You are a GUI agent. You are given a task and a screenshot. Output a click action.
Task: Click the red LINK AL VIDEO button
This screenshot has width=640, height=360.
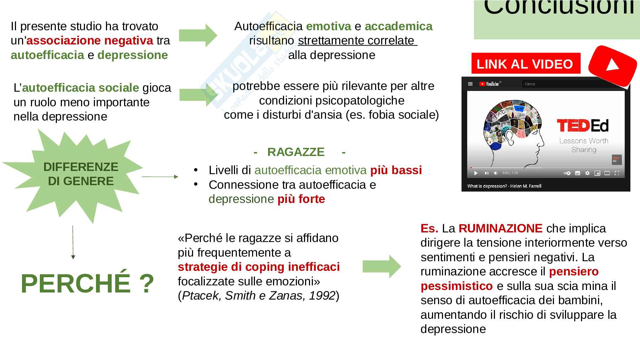coord(525,64)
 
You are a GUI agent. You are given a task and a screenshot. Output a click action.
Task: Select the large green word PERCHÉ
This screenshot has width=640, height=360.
coord(75,284)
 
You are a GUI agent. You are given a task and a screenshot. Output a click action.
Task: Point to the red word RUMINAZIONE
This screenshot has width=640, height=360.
coord(500,228)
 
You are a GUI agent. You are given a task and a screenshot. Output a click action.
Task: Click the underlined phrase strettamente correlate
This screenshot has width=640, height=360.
coord(357,41)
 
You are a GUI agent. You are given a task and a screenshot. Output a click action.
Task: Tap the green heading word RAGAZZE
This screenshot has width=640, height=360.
coord(296,152)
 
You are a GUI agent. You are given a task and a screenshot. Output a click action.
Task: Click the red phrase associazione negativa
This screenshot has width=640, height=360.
coord(90,41)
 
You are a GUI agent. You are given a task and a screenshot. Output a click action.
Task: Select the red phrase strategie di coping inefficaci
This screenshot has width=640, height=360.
coord(258,267)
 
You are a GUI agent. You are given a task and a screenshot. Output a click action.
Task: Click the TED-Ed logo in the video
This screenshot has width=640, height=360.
coord(583,125)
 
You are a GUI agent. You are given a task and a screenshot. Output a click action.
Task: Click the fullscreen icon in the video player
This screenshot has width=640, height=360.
coord(617,173)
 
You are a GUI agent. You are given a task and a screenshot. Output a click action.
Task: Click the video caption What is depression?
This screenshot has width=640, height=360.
coord(504,186)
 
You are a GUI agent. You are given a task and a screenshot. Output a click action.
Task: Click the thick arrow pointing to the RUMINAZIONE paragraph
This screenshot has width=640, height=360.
coord(381,266)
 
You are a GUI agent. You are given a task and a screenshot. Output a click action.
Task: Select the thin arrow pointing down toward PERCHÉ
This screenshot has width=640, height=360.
coord(73,242)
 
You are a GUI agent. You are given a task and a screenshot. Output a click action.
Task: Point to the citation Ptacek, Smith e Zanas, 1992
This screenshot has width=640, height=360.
coord(258,296)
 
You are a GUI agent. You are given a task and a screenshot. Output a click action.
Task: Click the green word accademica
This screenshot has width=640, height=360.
coord(398,26)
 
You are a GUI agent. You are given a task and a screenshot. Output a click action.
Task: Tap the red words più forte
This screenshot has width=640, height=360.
coord(301,199)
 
